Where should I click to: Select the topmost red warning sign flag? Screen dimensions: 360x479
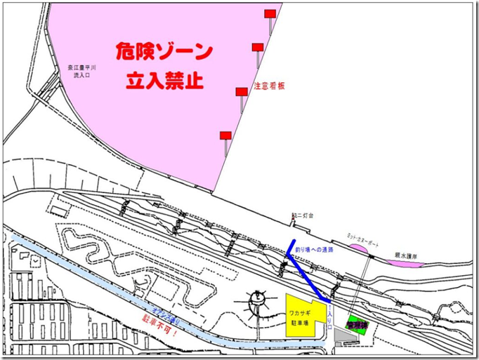(x=270, y=14)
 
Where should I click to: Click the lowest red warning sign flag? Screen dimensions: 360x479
(x=225, y=135)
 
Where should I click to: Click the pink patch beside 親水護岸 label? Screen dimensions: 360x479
(x=401, y=261)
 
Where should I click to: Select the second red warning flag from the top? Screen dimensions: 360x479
(x=258, y=47)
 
